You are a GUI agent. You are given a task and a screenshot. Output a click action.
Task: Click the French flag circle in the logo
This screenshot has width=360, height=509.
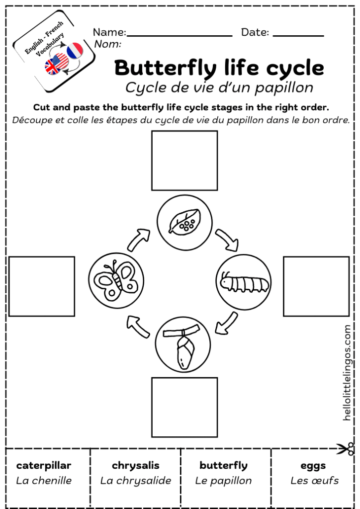click(x=75, y=51)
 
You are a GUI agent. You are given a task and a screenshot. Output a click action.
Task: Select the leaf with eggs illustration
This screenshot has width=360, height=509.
click(x=184, y=222)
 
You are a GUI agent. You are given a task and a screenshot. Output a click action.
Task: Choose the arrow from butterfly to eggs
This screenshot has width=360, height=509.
click(x=140, y=240)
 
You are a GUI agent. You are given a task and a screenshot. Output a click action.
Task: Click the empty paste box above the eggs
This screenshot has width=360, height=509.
click(x=184, y=160)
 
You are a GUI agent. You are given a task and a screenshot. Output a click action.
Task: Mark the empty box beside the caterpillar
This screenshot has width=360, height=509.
click(x=316, y=286)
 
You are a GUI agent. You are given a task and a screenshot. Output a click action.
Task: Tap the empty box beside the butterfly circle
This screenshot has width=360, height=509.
click(x=42, y=286)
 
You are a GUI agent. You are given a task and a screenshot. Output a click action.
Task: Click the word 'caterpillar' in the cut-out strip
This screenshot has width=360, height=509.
click(x=44, y=466)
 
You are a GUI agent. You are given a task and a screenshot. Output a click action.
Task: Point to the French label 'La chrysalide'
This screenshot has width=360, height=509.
click(x=135, y=481)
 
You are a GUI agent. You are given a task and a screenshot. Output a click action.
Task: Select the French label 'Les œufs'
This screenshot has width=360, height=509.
click(x=314, y=481)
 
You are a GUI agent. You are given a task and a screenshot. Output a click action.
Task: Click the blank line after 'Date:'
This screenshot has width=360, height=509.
click(x=298, y=35)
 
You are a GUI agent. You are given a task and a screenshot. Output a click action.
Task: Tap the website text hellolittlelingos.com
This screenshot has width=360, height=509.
click(x=347, y=373)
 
